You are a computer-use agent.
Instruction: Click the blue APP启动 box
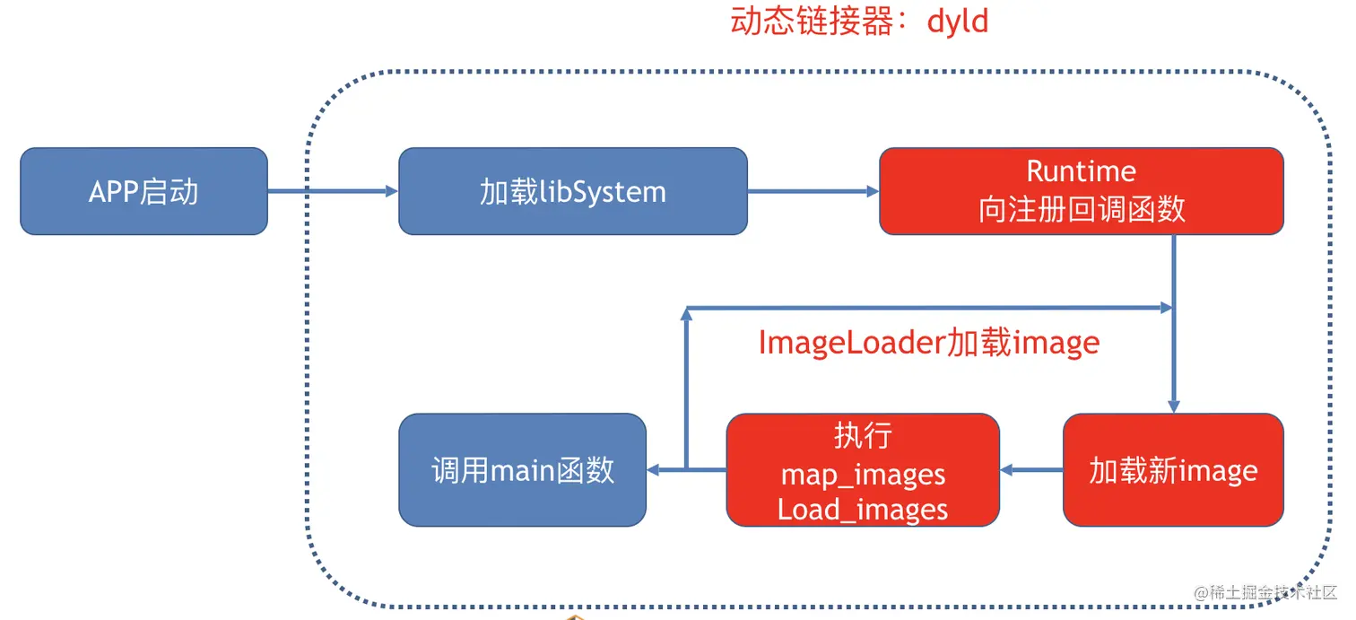[x=143, y=191]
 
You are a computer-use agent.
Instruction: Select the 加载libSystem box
[x=572, y=191]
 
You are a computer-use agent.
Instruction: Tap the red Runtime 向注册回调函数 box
[x=1081, y=191]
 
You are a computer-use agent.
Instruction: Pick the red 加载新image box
[x=1173, y=469]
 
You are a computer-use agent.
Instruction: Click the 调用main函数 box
[x=522, y=469]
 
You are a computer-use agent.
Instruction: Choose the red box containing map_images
[x=862, y=469]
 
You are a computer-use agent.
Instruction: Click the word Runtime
[x=1081, y=170]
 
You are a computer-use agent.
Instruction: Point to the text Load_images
[x=862, y=510]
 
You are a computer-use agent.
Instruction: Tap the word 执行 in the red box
[x=862, y=436]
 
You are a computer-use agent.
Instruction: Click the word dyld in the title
[x=958, y=21]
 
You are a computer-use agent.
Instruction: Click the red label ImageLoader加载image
[x=928, y=342]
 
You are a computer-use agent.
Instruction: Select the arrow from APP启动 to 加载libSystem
[x=333, y=191]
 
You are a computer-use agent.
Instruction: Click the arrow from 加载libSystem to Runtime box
[x=813, y=191]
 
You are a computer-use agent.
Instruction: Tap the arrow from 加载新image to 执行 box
[x=1031, y=469]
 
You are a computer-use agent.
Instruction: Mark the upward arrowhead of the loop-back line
[x=686, y=314]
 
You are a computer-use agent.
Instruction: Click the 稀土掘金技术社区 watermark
[x=1265, y=593]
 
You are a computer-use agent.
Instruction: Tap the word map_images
[x=862, y=474]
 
